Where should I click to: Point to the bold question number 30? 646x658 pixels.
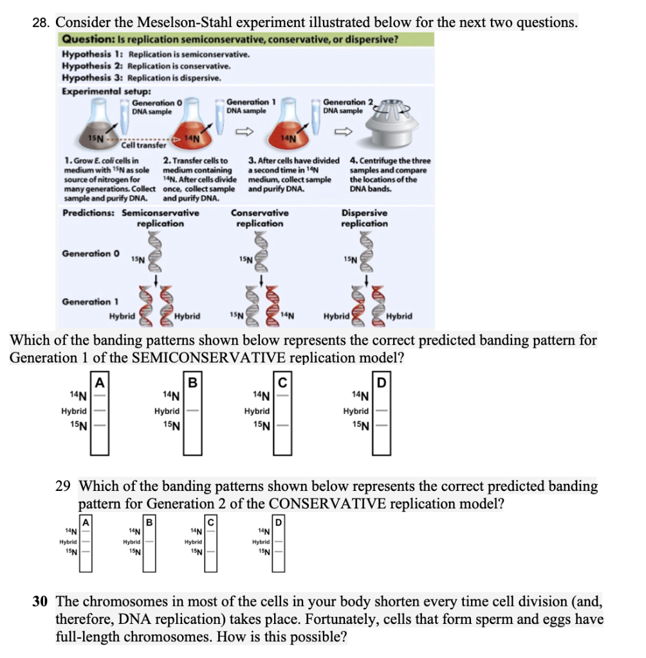click(41, 602)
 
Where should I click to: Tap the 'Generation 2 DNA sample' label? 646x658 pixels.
click(343, 106)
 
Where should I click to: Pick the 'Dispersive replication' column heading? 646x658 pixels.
click(364, 218)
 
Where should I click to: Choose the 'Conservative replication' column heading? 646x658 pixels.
click(259, 218)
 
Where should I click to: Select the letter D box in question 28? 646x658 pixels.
click(381, 384)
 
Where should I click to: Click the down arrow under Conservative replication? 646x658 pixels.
click(261, 280)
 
